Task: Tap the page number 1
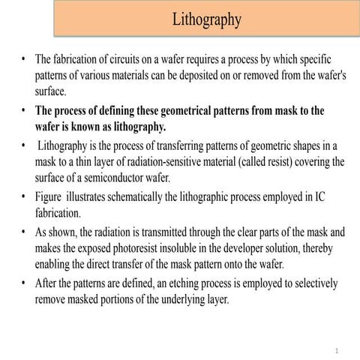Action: tap(338, 351)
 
